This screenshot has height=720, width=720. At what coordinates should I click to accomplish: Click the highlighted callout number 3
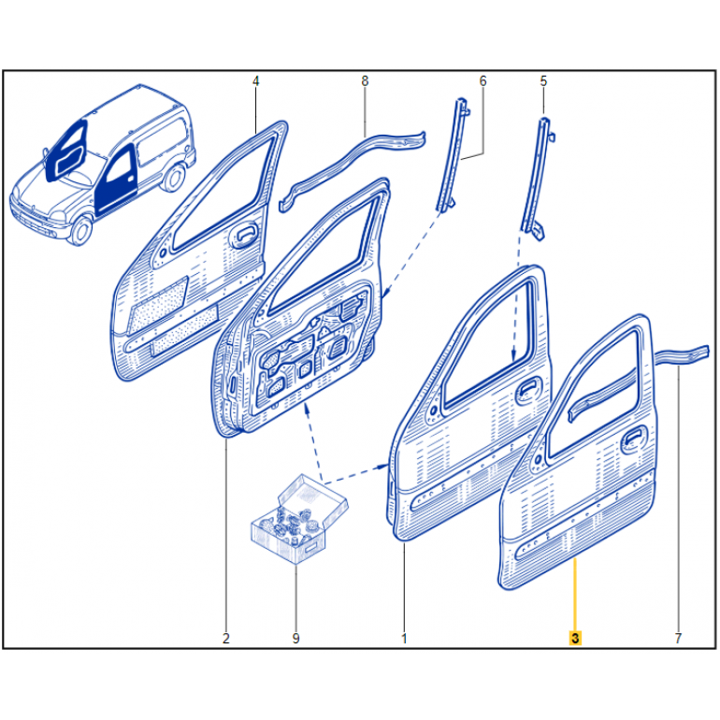click(575, 638)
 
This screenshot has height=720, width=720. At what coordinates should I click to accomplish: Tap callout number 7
click(678, 638)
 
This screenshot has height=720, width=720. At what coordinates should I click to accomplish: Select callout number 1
click(404, 638)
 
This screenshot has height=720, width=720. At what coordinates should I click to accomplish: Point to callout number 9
click(295, 638)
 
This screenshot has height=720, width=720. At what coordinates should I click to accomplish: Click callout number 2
click(225, 638)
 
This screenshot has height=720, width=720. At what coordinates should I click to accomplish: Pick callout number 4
click(256, 81)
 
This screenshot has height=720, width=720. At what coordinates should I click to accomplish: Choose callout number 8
click(365, 81)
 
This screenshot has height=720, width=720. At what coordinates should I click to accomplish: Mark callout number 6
click(482, 81)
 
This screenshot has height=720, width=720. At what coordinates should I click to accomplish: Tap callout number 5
click(543, 81)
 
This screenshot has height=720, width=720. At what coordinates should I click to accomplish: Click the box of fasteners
click(298, 519)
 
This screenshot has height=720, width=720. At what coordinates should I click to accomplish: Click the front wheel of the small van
click(81, 230)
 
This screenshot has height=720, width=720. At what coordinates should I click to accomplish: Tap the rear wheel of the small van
click(173, 177)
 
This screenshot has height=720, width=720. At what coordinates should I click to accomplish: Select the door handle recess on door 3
click(634, 441)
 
